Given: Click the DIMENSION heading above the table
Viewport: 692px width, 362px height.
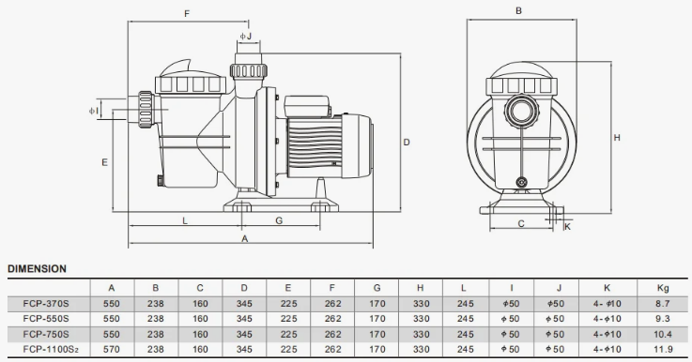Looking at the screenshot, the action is tap(37, 268).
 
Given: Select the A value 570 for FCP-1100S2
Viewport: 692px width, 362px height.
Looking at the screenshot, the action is tap(111, 349).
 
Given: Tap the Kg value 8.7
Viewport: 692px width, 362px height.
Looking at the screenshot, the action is tap(663, 303).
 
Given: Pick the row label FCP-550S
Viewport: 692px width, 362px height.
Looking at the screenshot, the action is tap(46, 318).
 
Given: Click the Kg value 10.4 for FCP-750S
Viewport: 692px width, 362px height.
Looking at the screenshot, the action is tap(663, 334).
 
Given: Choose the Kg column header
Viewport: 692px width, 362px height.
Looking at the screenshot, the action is tap(663, 288).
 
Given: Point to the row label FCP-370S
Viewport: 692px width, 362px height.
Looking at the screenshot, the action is tap(46, 303).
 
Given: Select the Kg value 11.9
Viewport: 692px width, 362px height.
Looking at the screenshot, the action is tap(663, 349).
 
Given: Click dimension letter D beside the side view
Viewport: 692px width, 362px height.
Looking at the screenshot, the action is tap(407, 142).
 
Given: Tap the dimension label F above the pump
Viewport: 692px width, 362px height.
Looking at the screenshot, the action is tap(187, 14).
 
